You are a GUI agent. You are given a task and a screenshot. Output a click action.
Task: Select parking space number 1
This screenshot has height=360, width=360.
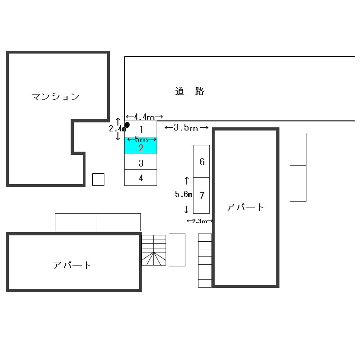[141, 130]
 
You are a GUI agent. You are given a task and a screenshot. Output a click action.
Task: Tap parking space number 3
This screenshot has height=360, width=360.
[141, 163]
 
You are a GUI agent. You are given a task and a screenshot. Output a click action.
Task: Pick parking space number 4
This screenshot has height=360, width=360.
[141, 178]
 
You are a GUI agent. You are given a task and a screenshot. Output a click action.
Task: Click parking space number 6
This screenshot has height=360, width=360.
[202, 162]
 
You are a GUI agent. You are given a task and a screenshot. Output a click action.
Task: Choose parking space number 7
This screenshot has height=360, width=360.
[202, 195]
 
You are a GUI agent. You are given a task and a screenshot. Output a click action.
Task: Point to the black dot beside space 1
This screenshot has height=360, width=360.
[127, 125]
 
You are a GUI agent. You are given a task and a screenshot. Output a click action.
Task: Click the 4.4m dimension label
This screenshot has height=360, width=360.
[144, 117]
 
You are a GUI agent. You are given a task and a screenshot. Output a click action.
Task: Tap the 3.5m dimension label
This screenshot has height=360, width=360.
[186, 128]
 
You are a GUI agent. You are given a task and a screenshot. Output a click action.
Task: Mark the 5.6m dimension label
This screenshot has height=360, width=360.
[184, 194]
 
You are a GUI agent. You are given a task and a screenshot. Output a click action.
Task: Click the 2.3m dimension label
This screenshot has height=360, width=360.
[199, 221]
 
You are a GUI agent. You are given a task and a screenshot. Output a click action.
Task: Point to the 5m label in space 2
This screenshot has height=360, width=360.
[141, 139]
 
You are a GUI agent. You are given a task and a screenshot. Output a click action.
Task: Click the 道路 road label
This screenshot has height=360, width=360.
[190, 91]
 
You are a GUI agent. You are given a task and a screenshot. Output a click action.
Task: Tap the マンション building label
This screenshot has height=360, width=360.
[55, 97]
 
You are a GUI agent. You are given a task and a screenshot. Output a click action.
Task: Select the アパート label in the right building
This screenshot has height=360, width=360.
[245, 207]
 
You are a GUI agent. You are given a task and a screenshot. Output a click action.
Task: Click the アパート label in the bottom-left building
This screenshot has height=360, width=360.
[72, 265]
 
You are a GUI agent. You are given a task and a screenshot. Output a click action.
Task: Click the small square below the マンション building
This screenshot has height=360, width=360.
[98, 180]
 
